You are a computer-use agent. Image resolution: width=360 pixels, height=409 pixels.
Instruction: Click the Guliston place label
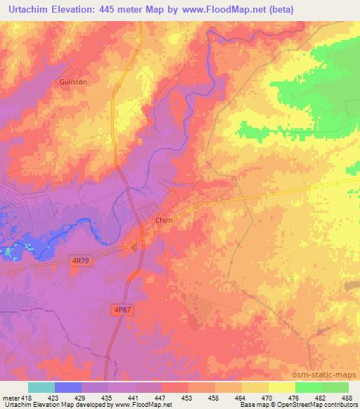[x=72, y=82]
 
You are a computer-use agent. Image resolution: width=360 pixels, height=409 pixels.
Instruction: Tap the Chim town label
[x=164, y=220]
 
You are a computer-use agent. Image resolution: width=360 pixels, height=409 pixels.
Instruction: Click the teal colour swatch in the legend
[x=41, y=387]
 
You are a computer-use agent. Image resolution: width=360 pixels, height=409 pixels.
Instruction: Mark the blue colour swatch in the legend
[x=68, y=387]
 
